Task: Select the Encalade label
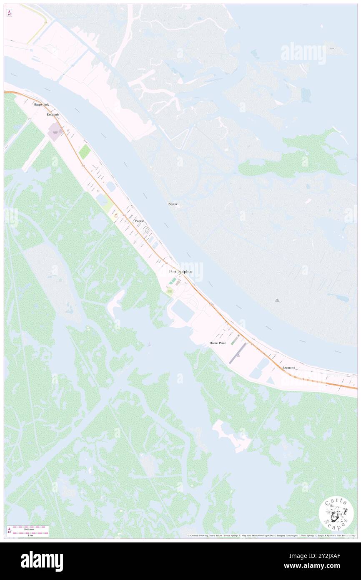[x=53, y=114]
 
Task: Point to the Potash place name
[x=140, y=221]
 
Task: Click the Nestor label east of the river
[x=173, y=204]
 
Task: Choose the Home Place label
[x=218, y=343]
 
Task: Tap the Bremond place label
[x=289, y=368]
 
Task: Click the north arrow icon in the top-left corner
[x=9, y=13]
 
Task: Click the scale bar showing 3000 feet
[x=28, y=529]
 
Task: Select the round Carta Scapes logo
[x=336, y=514]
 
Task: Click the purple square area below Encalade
[x=54, y=134]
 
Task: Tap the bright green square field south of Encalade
[x=85, y=151]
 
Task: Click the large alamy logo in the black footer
[x=42, y=561]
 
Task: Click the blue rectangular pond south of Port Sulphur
[x=181, y=310]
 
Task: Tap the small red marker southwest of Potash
[x=115, y=215]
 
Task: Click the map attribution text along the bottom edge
[x=271, y=536]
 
